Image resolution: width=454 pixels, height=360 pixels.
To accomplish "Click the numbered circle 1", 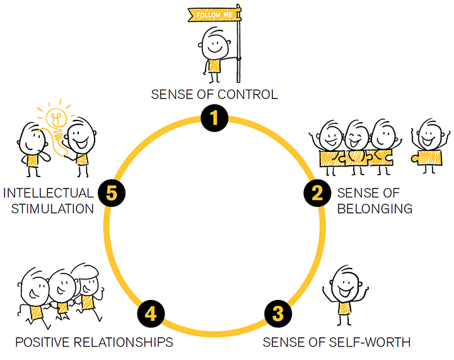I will pyautogui.click(x=215, y=118).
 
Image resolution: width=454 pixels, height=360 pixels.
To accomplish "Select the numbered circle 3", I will pyautogui.click(x=279, y=312).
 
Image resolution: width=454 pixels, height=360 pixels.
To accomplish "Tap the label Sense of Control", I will pyautogui.click(x=214, y=95).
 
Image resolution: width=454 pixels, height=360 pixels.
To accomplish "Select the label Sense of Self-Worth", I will pyautogui.click(x=337, y=342).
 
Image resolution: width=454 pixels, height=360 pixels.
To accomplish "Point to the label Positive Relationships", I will pyautogui.click(x=94, y=342).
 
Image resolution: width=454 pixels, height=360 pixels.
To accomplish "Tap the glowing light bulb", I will pyautogui.click(x=56, y=119).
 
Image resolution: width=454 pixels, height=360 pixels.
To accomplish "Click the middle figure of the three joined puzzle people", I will pyautogui.click(x=356, y=145).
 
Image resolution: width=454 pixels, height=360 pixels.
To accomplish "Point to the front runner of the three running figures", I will pyautogui.click(x=32, y=297).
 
